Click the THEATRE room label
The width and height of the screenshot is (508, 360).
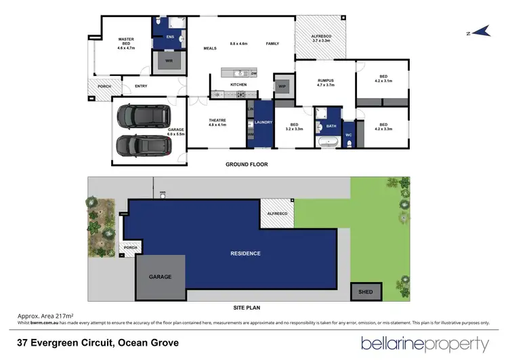217,121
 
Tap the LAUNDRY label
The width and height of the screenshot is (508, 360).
263,123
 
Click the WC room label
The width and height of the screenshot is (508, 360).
349,134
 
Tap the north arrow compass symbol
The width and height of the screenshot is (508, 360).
481,31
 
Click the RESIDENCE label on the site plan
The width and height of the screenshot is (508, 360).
245,254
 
